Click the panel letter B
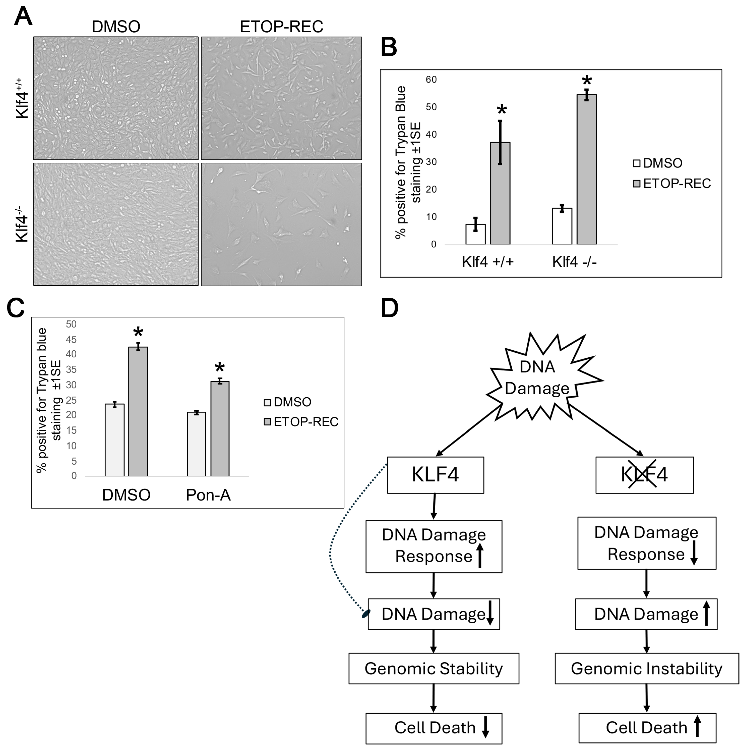click(x=389, y=47)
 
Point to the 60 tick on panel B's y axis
click(x=431, y=80)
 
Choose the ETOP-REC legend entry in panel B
click(x=672, y=183)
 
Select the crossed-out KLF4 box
click(x=645, y=475)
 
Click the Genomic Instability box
click(x=646, y=669)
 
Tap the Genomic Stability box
click(x=434, y=669)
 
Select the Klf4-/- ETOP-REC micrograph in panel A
click(x=282, y=224)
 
